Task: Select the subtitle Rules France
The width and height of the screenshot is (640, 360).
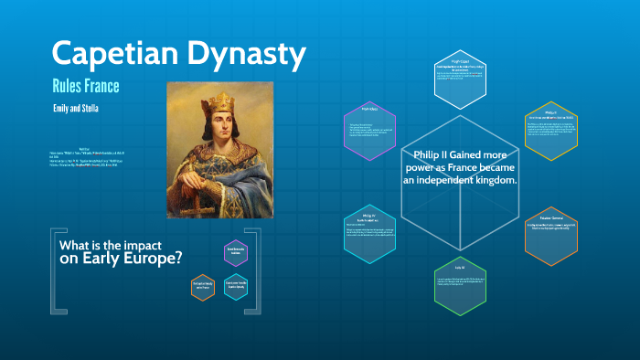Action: pyautogui.click(x=87, y=87)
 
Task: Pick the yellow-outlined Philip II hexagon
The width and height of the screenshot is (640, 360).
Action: pyautogui.click(x=551, y=131)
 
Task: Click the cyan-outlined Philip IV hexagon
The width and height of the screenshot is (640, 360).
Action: pyautogui.click(x=368, y=233)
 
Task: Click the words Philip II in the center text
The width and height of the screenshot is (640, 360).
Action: pyautogui.click(x=436, y=154)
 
